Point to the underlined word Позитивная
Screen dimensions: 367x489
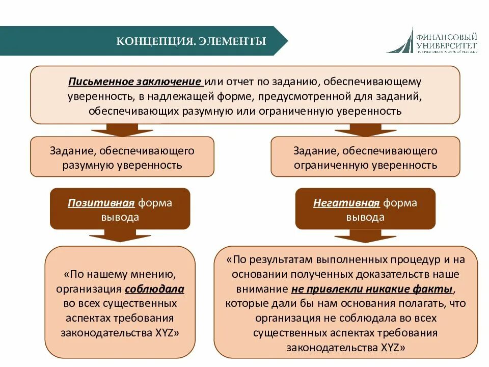pos(101,203)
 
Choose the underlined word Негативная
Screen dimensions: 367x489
pos(346,203)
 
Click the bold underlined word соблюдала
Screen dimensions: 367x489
pos(154,289)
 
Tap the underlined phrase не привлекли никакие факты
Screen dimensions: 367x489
pos(372,289)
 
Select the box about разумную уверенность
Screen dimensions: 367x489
pos(122,158)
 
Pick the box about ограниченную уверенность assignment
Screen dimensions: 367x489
pos(365,158)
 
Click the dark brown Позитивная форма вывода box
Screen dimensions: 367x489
pos(120,209)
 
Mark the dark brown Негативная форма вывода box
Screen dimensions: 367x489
pos(365,209)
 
